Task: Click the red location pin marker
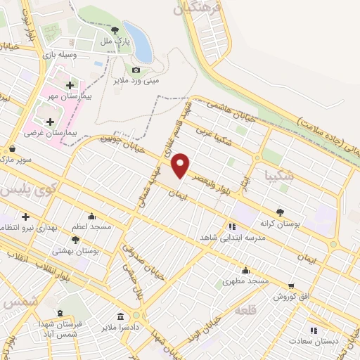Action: click(181, 165)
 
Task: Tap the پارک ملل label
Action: click(115, 42)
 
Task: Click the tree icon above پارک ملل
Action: click(115, 30)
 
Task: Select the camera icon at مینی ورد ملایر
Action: click(136, 70)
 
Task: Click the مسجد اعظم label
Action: click(91, 227)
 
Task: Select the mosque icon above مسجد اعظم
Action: click(91, 216)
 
